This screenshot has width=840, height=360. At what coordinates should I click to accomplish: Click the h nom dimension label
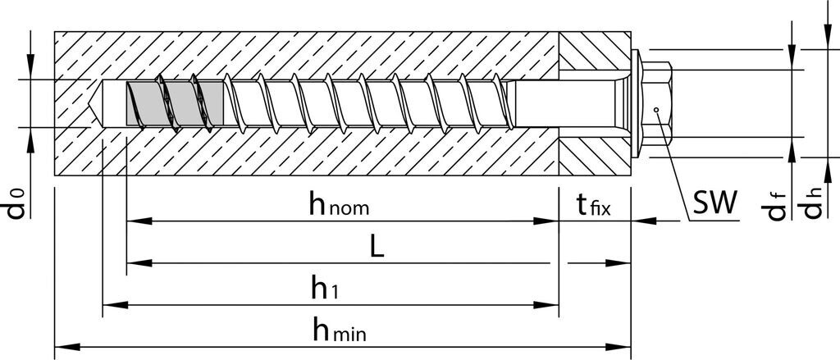pos(339,204)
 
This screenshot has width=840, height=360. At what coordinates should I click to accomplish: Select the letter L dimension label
pos(377,247)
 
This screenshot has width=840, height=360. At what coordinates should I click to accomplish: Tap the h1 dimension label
pos(324,288)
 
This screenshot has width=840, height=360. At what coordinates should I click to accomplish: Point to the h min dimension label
pos(338,330)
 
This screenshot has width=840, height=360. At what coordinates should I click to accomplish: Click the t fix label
pos(589,204)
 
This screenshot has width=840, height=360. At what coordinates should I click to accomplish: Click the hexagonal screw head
pos(659,103)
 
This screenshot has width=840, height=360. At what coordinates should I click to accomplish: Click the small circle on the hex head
pos(656,109)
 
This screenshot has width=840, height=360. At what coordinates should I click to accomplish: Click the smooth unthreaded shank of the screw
pos(566,104)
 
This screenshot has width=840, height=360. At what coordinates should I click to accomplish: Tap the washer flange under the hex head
pos(637,103)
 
